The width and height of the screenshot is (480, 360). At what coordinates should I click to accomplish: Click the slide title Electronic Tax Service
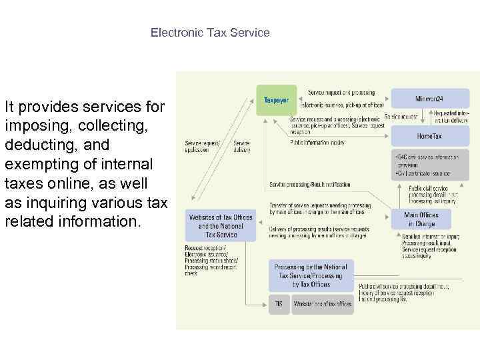(x=210, y=32)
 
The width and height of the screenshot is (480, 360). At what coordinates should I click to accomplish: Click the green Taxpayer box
(x=277, y=100)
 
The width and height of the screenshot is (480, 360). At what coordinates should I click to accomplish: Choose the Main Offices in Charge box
(x=421, y=219)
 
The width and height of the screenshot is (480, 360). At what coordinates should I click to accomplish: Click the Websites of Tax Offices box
(x=221, y=226)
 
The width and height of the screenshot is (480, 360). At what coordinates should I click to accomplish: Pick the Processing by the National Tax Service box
(x=311, y=275)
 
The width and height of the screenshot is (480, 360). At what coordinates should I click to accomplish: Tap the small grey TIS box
(x=279, y=304)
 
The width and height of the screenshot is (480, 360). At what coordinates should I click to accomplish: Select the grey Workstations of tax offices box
(x=321, y=304)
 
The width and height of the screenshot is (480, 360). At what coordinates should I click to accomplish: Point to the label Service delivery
(x=242, y=147)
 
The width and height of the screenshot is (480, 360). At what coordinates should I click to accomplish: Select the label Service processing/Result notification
(x=309, y=184)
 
